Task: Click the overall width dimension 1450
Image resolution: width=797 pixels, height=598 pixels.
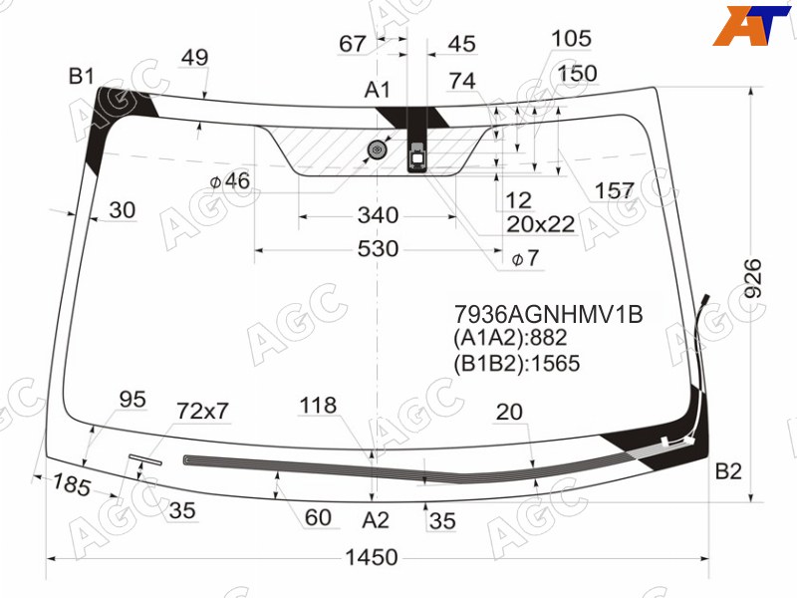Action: [x=372, y=557]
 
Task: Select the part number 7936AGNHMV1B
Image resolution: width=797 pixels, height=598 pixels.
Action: [x=549, y=315]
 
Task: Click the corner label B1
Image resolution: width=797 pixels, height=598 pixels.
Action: [x=82, y=77]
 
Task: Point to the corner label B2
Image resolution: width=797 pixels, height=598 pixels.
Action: [x=728, y=471]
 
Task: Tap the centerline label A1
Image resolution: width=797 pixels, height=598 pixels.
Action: [x=378, y=90]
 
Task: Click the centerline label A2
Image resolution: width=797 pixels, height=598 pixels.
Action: [x=376, y=520]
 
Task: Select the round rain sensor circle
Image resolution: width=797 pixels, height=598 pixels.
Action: [x=378, y=149]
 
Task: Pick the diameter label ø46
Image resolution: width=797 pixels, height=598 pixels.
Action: [x=230, y=181]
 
